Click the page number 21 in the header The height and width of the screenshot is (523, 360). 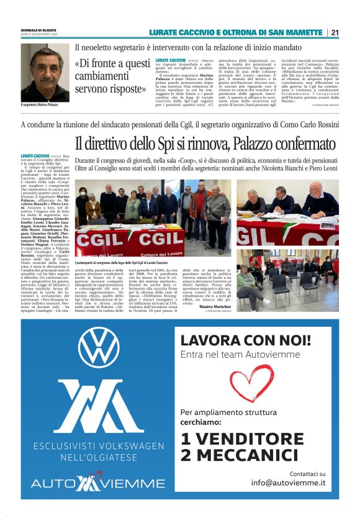coord(335,32)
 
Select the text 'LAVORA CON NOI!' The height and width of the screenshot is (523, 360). coord(245,340)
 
